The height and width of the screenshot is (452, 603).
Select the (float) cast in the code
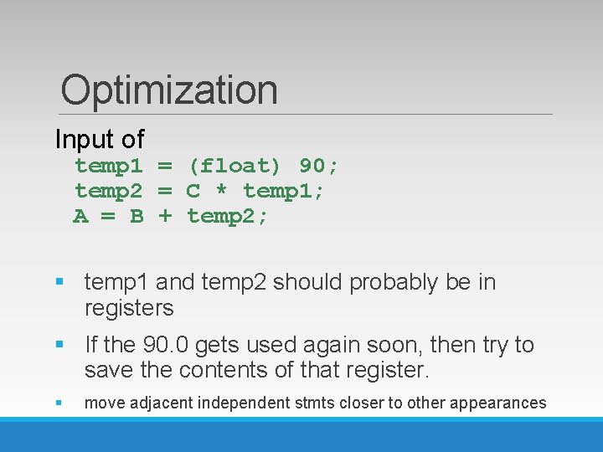tap(234, 166)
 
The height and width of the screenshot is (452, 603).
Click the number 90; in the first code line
tap(319, 166)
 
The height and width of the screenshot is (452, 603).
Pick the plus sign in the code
tap(165, 217)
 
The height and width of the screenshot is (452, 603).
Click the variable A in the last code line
tap(80, 217)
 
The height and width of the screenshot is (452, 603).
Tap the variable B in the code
tap(137, 217)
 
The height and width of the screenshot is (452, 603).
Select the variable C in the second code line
tap(193, 192)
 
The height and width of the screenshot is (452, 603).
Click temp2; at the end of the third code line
tap(228, 217)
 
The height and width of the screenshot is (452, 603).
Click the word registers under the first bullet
tap(129, 309)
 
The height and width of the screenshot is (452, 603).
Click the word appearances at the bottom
tap(497, 403)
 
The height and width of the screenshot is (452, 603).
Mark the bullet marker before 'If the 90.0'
tap(59, 345)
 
